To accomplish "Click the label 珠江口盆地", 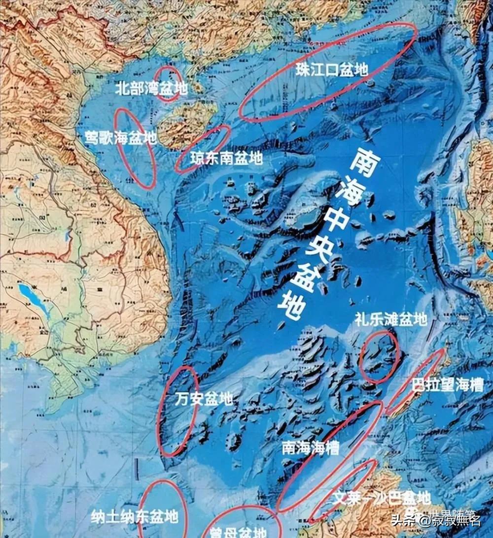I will pos(332,70).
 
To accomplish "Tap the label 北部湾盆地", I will pos(151,89).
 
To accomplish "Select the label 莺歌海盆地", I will pos(120,138).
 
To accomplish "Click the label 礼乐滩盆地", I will pos(390,320).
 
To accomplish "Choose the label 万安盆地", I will pos(204,399).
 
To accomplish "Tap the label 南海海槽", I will pos(311,448).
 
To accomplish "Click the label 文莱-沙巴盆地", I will pos(375,498).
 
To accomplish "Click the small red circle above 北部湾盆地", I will pos(169,83).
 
